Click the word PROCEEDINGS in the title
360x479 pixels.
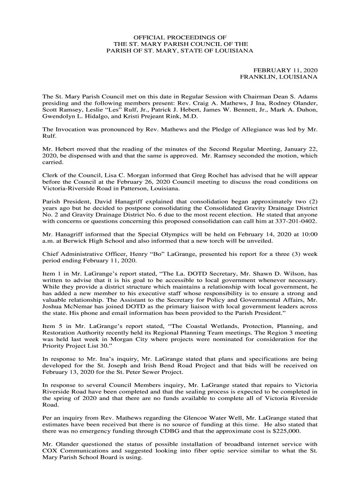click(182, 36)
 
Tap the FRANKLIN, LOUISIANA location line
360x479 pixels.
click(279, 76)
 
